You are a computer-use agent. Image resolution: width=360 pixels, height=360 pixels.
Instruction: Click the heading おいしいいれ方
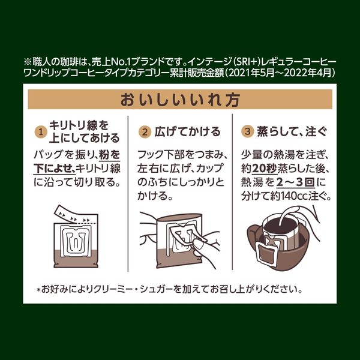180,100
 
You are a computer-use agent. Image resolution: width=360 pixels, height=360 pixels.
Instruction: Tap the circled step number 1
41,132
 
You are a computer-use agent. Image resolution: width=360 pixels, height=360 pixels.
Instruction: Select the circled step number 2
145,132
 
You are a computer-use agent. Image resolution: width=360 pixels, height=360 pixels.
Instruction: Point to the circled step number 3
247,131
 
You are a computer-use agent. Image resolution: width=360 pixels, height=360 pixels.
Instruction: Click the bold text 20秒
264,169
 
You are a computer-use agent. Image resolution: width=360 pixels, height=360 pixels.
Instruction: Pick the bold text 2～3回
295,183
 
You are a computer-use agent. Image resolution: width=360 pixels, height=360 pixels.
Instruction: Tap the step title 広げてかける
187,132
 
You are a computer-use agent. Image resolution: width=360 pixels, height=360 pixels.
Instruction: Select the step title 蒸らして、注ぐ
292,131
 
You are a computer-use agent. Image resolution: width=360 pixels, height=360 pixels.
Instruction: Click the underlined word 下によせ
53,169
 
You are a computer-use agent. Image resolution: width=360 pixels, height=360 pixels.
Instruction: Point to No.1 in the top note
121,62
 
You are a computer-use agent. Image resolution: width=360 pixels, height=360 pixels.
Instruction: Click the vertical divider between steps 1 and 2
128,193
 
